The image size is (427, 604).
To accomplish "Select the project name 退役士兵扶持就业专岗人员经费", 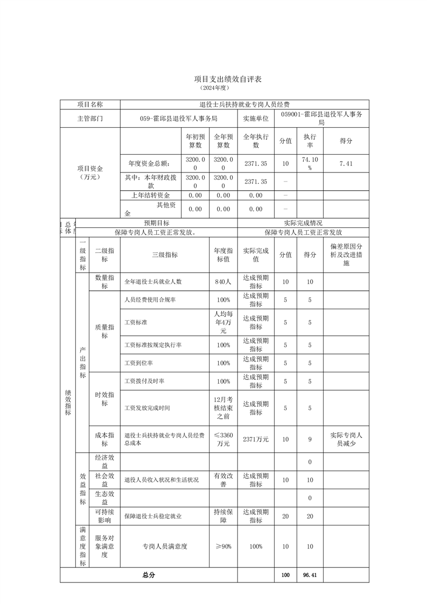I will coord(244,105).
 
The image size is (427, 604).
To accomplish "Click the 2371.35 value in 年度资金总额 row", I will coord(256,163).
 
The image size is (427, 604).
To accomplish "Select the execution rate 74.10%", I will coord(310,163).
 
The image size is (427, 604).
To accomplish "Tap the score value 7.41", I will coord(346,163).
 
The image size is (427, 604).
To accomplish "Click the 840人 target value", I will coord(223,281).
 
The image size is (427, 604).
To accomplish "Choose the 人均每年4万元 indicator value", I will coord(223,322).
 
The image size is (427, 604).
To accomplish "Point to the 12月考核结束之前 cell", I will coord(223,408).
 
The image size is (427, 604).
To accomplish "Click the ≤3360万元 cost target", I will coord(223,439).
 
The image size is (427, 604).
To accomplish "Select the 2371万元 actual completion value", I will coord(256,439).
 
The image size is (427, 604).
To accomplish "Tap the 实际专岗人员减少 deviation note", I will coord(346,439).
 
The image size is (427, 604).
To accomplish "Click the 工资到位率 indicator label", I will coord(139,363).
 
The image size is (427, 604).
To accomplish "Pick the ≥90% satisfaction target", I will coord(223,546).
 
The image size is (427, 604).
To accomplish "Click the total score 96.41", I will coord(310,575).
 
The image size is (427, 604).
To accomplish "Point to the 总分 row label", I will coord(149,575).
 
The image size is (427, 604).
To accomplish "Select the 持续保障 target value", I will coord(223,516).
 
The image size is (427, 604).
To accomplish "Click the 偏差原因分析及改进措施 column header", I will coord(346,255).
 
